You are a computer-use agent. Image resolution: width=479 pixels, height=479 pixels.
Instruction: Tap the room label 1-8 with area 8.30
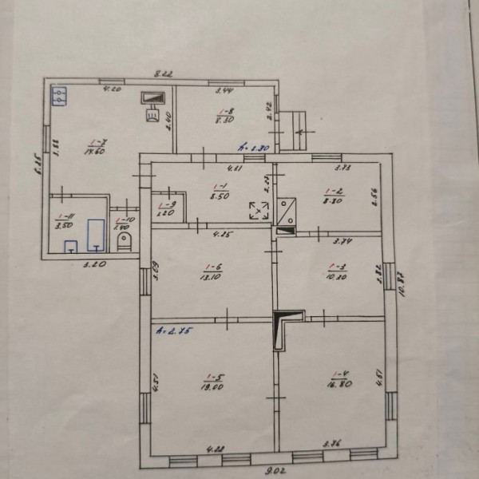(224, 116)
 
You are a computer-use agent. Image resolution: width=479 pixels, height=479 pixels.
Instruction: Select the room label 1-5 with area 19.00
(212, 382)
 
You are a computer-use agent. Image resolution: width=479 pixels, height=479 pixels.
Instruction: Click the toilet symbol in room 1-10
(123, 241)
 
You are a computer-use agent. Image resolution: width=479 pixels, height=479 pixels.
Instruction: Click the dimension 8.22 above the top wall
(163, 73)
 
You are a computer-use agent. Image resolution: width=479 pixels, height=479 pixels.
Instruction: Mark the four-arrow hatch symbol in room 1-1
(259, 210)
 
